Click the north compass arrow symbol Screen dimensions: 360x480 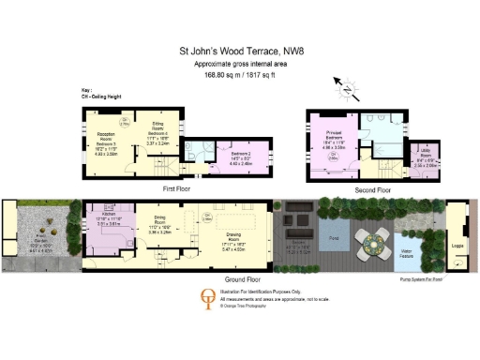coord(348,90)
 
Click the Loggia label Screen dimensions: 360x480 coord(457,247)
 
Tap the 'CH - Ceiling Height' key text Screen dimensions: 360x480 coord(104,95)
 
